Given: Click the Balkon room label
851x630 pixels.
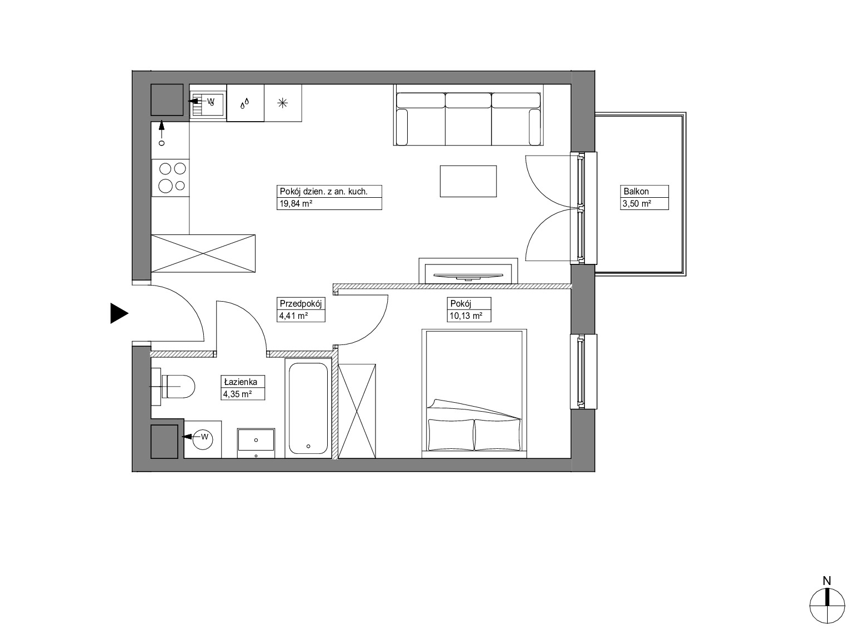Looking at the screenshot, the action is (x=636, y=191).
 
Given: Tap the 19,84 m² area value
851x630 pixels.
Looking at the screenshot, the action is (x=296, y=203).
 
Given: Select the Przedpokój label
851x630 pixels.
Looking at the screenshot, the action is (x=301, y=304).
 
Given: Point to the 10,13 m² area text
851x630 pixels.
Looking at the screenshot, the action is (x=466, y=316).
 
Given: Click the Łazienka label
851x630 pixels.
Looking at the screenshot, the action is (x=241, y=382).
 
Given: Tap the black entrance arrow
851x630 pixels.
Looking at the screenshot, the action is (x=119, y=313).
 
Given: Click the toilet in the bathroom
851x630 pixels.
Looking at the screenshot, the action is (x=174, y=387).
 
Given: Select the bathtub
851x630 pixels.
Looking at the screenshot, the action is (x=308, y=408).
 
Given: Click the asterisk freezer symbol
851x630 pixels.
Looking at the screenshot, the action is (x=282, y=103).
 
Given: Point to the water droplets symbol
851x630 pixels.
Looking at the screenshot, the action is (x=245, y=103).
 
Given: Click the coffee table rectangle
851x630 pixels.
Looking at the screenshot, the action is (x=468, y=181).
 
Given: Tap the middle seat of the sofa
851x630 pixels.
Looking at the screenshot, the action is (x=468, y=119).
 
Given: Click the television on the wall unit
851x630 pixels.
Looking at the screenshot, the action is (x=468, y=275).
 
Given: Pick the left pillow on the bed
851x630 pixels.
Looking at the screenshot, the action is (x=451, y=434).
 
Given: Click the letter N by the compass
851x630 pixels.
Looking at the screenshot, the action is (x=827, y=581).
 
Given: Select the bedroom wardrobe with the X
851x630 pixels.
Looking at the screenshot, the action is (x=357, y=411).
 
